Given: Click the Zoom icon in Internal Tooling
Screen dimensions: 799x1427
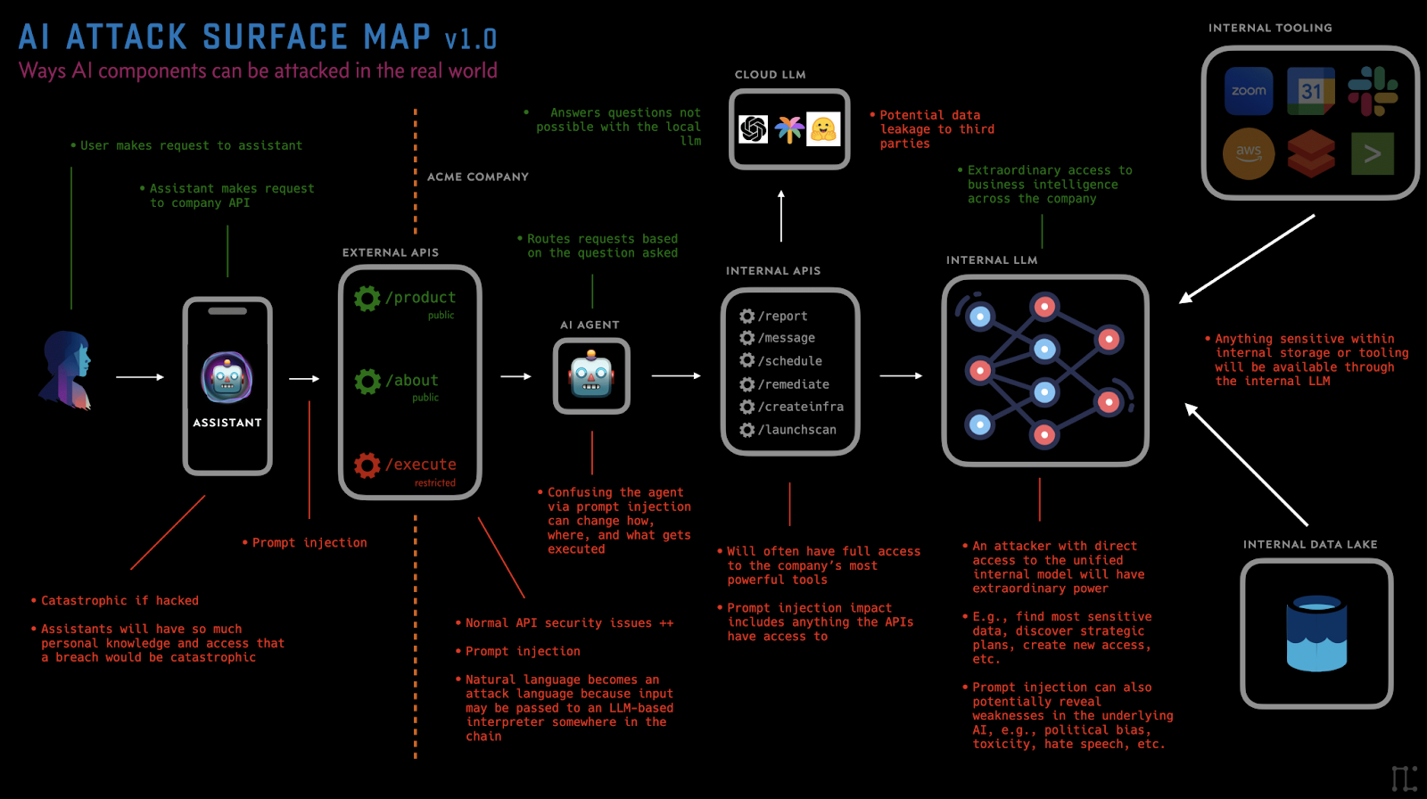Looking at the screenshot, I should [x=1249, y=91].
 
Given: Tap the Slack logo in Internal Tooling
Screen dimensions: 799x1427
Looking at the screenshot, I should [x=1372, y=91].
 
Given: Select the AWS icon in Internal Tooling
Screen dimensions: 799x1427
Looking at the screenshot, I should [x=1249, y=153].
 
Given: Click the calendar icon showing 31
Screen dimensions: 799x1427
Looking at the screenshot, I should [x=1310, y=91].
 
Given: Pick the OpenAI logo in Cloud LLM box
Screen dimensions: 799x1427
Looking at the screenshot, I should [x=754, y=130].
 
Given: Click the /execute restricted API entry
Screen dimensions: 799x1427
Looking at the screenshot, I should [x=420, y=465].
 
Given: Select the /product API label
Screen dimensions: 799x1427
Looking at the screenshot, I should [x=420, y=297].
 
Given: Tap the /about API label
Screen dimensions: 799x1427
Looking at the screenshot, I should [x=411, y=381].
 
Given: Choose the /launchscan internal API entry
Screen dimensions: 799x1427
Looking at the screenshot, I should [x=796, y=430].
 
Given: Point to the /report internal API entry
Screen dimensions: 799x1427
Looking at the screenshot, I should [x=782, y=316].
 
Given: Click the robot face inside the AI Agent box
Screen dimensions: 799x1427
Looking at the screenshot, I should [x=591, y=375].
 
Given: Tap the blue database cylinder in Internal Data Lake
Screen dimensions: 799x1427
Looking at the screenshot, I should [x=1316, y=633].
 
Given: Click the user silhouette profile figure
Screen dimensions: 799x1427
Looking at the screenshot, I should [x=68, y=370].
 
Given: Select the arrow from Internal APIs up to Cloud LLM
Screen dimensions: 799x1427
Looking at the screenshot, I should [x=781, y=216].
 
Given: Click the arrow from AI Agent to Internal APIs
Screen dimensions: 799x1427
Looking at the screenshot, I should [x=676, y=376].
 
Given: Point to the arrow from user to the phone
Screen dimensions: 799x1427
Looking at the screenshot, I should [x=140, y=377].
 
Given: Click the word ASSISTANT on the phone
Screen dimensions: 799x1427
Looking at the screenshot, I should [x=227, y=423].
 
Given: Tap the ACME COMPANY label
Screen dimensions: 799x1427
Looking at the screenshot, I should [x=478, y=177].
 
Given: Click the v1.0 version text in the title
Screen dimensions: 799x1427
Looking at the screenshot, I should [x=471, y=39].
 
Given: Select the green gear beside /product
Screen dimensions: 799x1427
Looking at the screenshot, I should [x=367, y=298].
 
